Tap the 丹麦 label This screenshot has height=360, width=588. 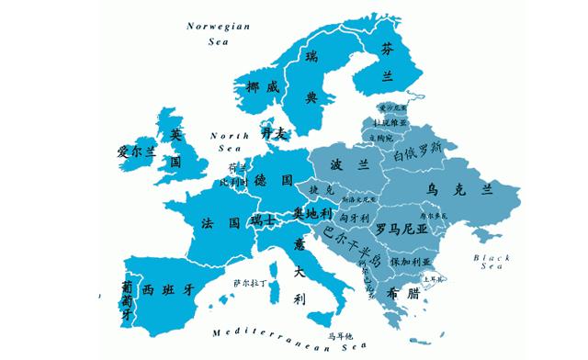coord(275,134)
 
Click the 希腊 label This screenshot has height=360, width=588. coord(398,295)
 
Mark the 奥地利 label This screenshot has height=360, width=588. coord(311,213)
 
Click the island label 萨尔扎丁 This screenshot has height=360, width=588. coord(251,283)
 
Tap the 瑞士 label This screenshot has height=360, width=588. coord(263,222)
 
